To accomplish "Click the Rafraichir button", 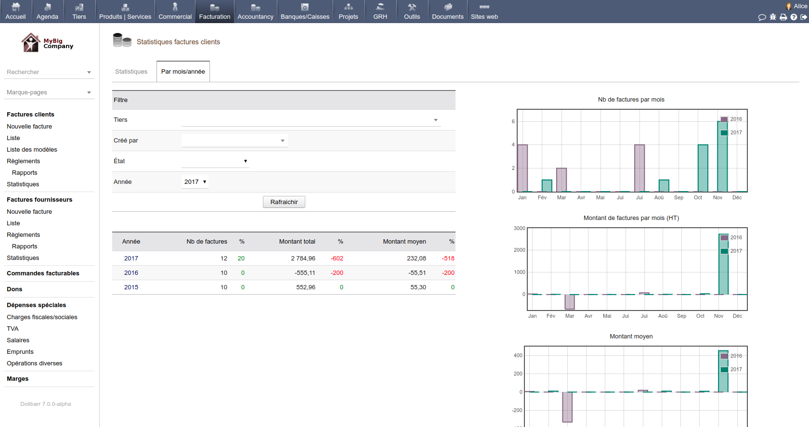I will (284, 202).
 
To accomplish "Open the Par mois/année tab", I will (183, 72).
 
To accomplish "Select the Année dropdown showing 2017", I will (195, 182).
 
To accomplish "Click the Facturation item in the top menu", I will (215, 12).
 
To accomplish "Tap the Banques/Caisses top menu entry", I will (305, 12).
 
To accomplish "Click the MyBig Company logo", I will (47, 43).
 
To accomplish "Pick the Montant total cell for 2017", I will (303, 259).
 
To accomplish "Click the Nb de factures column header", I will (207, 242).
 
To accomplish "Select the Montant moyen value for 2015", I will (418, 287).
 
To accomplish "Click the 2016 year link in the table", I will (131, 273).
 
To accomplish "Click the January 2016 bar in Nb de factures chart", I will (522, 168).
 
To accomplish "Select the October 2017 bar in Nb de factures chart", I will (703, 168).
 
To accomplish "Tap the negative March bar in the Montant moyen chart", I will (567, 407).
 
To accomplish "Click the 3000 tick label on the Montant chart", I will (519, 228).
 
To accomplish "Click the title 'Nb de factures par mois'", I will (631, 100).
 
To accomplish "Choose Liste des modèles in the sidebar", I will (32, 150).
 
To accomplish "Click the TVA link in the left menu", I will (13, 329).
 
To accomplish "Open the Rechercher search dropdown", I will (49, 72).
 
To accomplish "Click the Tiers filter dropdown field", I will (311, 120).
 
